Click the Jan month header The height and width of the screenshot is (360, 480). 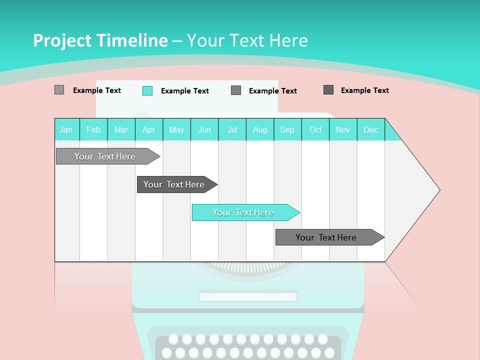tap(66, 129)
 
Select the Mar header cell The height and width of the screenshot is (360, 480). tap(121, 129)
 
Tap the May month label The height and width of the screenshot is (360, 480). tap(176, 129)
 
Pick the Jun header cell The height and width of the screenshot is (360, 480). tap(204, 129)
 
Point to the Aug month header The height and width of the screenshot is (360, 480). tap(260, 129)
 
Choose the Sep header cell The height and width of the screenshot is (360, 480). tap(287, 129)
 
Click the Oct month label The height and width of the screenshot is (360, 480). tap(315, 129)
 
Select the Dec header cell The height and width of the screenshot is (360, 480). tap(371, 129)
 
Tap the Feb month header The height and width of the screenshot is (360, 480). tap(93, 129)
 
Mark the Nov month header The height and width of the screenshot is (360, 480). tap(343, 129)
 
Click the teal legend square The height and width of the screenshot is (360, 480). tap(147, 90)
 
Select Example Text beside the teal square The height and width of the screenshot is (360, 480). tap(185, 91)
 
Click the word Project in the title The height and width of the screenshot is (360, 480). tap(64, 40)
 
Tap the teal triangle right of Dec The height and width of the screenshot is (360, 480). tap(391, 133)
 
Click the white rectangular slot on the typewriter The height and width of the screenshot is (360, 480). tap(248, 297)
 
